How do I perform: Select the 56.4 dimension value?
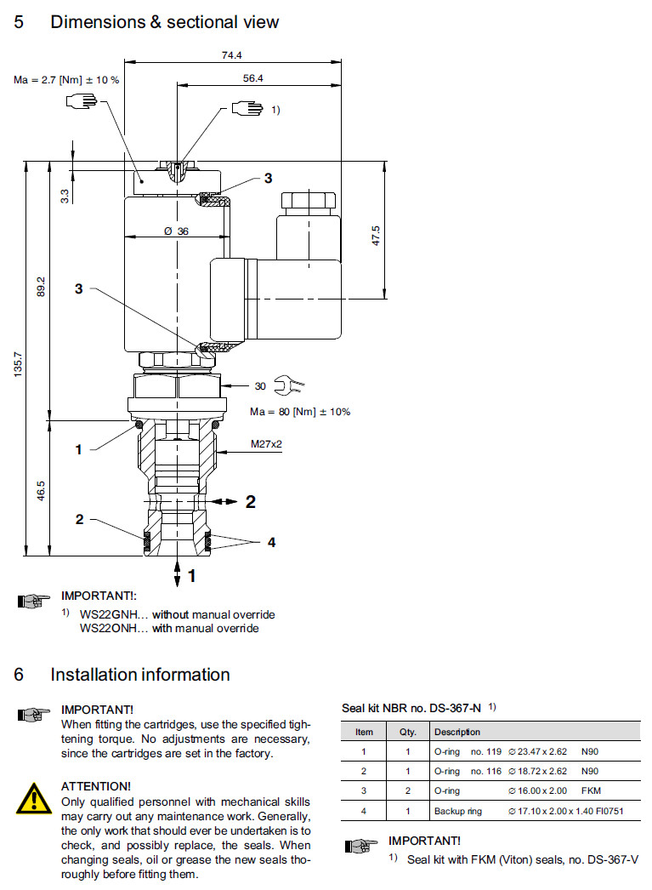point(253,78)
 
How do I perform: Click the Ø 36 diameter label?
point(176,231)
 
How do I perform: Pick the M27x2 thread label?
point(266,444)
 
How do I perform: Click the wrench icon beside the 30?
point(289,387)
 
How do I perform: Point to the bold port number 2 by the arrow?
point(250,502)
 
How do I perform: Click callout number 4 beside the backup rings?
point(271,542)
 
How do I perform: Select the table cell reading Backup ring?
point(458,811)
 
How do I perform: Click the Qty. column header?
point(402,732)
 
